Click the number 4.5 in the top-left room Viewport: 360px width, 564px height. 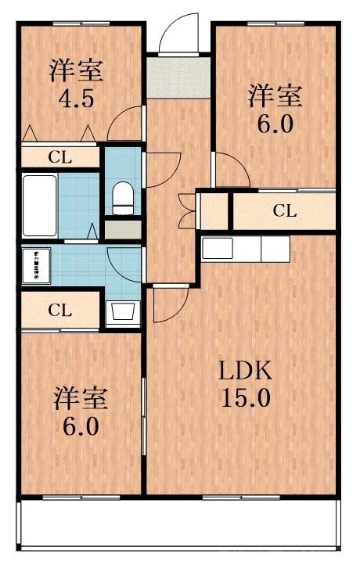76,99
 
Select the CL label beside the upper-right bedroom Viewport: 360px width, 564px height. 285,210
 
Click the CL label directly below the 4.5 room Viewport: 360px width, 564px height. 59,156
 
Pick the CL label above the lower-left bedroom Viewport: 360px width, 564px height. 59,309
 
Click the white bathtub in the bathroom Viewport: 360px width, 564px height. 39,205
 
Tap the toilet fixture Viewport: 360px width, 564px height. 124,199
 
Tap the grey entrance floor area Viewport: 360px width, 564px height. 178,76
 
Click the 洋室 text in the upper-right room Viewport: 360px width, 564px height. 274,96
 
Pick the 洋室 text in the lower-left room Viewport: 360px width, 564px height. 80,397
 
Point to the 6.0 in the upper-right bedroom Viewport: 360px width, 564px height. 274,124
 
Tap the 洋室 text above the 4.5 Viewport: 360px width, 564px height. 76,70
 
